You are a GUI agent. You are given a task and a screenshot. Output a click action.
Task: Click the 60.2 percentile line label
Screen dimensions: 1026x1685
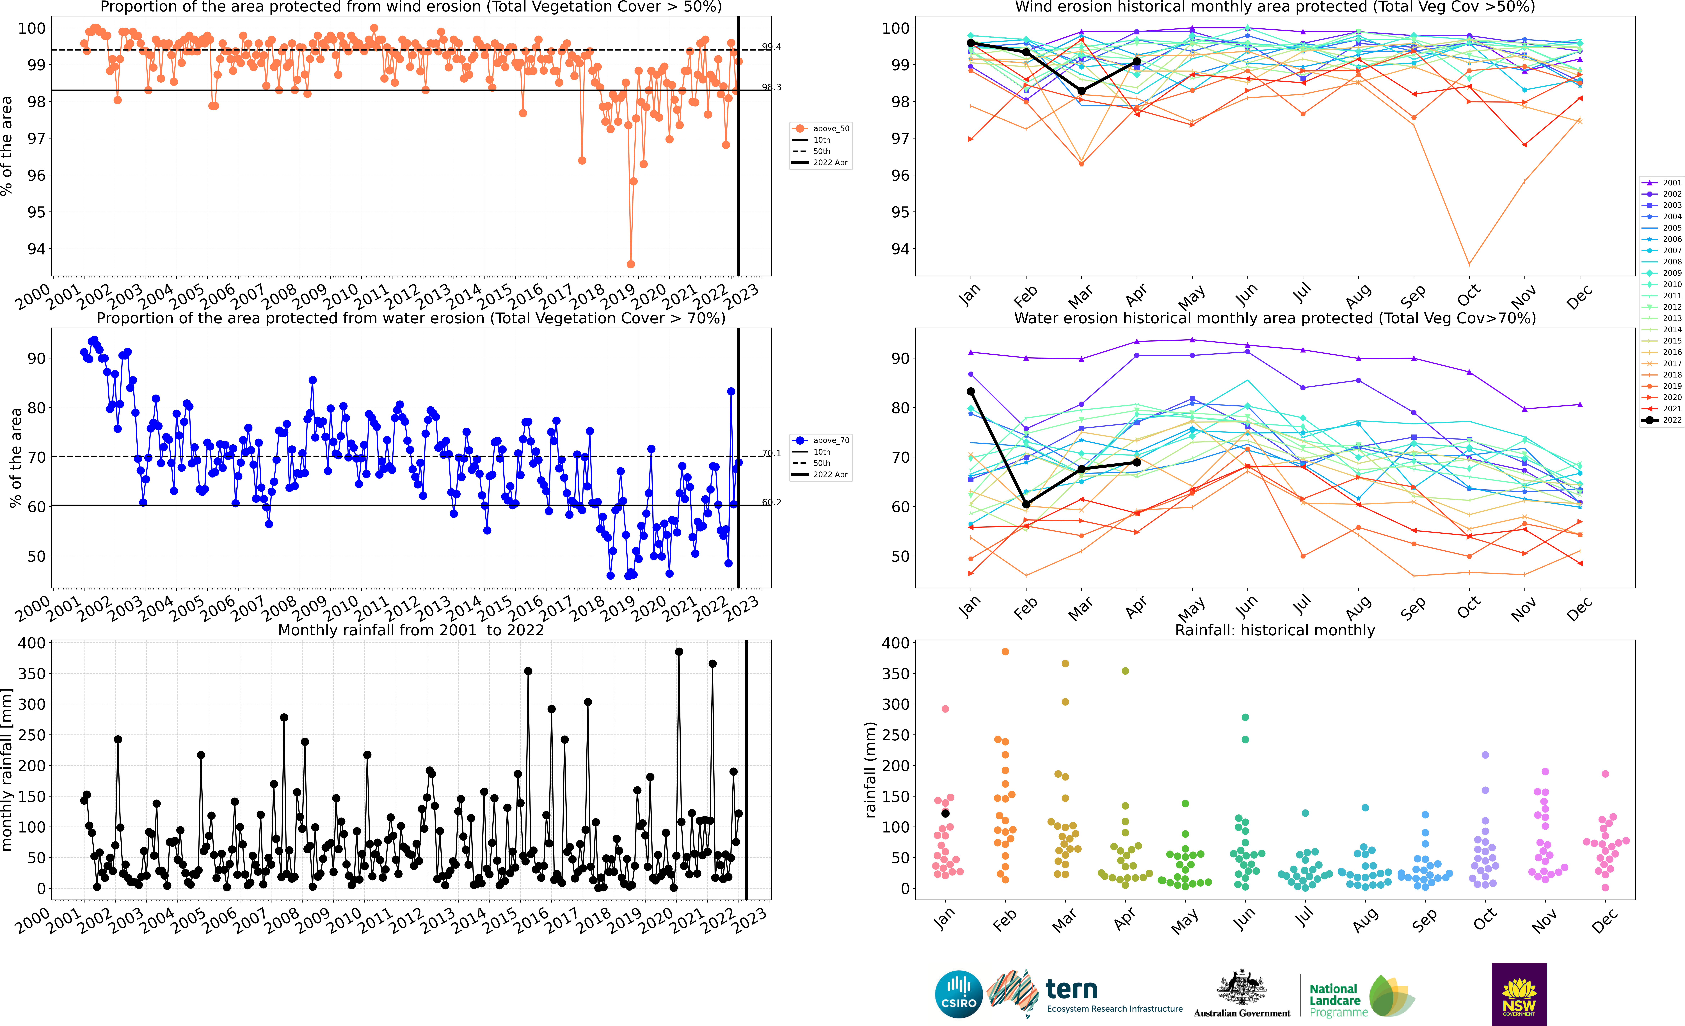coord(771,502)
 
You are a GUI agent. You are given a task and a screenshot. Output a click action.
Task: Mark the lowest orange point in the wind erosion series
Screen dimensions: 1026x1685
coord(630,264)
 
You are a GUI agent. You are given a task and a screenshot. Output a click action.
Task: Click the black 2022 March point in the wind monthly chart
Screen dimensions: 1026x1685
coord(1081,91)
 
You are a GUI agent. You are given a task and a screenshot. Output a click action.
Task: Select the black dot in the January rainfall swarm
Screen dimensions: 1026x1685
coord(945,813)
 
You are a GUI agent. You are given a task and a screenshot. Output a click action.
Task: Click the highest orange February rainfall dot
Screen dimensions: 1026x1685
coord(1005,652)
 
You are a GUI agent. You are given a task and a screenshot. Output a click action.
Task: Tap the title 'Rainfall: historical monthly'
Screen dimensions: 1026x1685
coord(1275,630)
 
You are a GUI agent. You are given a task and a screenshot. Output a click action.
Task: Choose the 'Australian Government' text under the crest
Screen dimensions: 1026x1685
coord(1242,1013)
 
